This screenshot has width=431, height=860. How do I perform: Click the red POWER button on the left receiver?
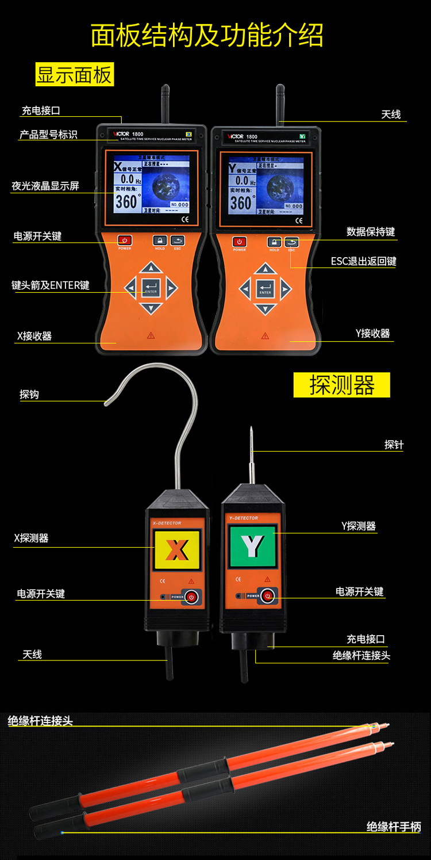pos(125,240)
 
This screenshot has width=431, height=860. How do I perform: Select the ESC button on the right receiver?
pos(292,242)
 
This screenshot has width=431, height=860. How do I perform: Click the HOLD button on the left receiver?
pos(160,240)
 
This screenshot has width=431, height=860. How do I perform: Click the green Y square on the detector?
pos(252,546)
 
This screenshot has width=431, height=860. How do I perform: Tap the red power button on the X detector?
pos(192,597)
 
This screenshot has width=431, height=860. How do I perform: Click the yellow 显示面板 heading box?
pos(75,75)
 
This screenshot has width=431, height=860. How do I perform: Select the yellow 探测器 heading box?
pos(341,385)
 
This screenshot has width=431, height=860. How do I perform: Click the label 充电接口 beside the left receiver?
pos(41,110)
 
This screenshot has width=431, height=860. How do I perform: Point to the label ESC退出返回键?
pos(363,261)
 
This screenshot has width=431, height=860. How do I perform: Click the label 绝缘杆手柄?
pos(394,827)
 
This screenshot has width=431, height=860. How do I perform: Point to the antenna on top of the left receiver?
pos(165,104)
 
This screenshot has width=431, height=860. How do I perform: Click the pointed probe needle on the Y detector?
pos(251,454)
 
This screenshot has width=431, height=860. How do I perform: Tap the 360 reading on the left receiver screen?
pos(126,202)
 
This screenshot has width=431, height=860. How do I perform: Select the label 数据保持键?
pos(371,232)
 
